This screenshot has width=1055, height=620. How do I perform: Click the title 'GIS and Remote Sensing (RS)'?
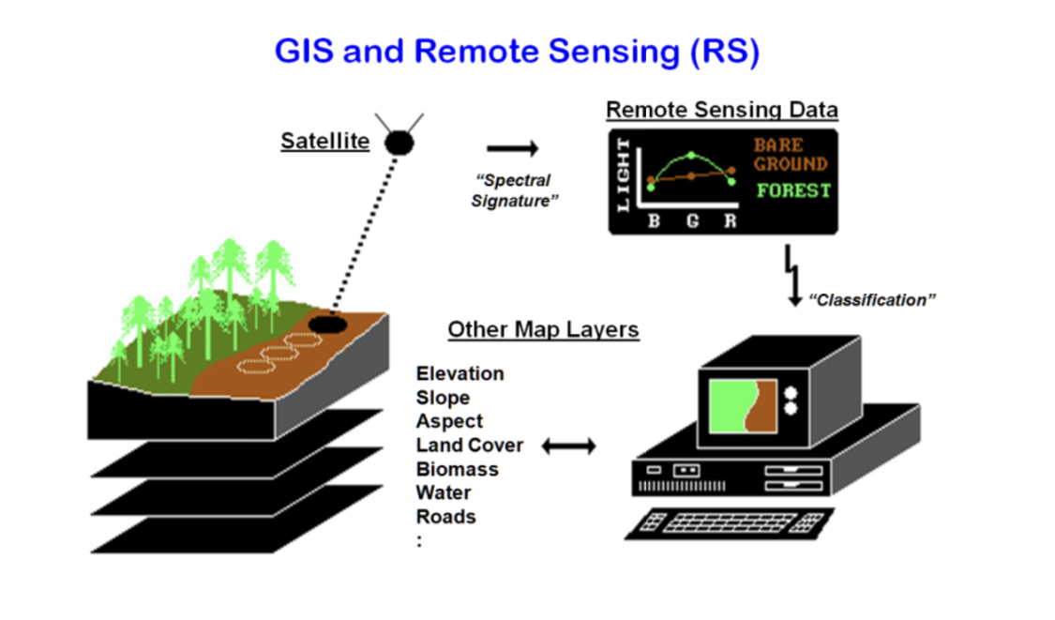click(516, 51)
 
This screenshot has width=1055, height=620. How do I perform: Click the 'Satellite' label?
click(324, 142)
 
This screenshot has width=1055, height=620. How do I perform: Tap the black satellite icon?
click(400, 142)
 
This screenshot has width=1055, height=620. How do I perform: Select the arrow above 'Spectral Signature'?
click(513, 148)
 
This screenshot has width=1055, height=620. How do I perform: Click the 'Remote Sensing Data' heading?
click(721, 110)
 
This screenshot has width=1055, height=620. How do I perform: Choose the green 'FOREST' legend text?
click(793, 190)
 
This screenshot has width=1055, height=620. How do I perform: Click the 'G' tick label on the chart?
click(691, 222)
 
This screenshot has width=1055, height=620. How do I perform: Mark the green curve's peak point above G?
click(691, 155)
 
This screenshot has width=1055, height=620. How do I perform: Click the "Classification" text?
click(871, 300)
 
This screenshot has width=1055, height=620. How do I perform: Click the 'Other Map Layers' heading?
click(543, 329)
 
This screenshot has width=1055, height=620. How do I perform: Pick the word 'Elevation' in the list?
click(460, 373)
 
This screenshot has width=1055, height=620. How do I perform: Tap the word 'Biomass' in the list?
click(457, 469)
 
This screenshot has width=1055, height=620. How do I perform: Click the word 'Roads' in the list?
click(445, 517)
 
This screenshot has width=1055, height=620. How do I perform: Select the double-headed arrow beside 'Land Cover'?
click(568, 446)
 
